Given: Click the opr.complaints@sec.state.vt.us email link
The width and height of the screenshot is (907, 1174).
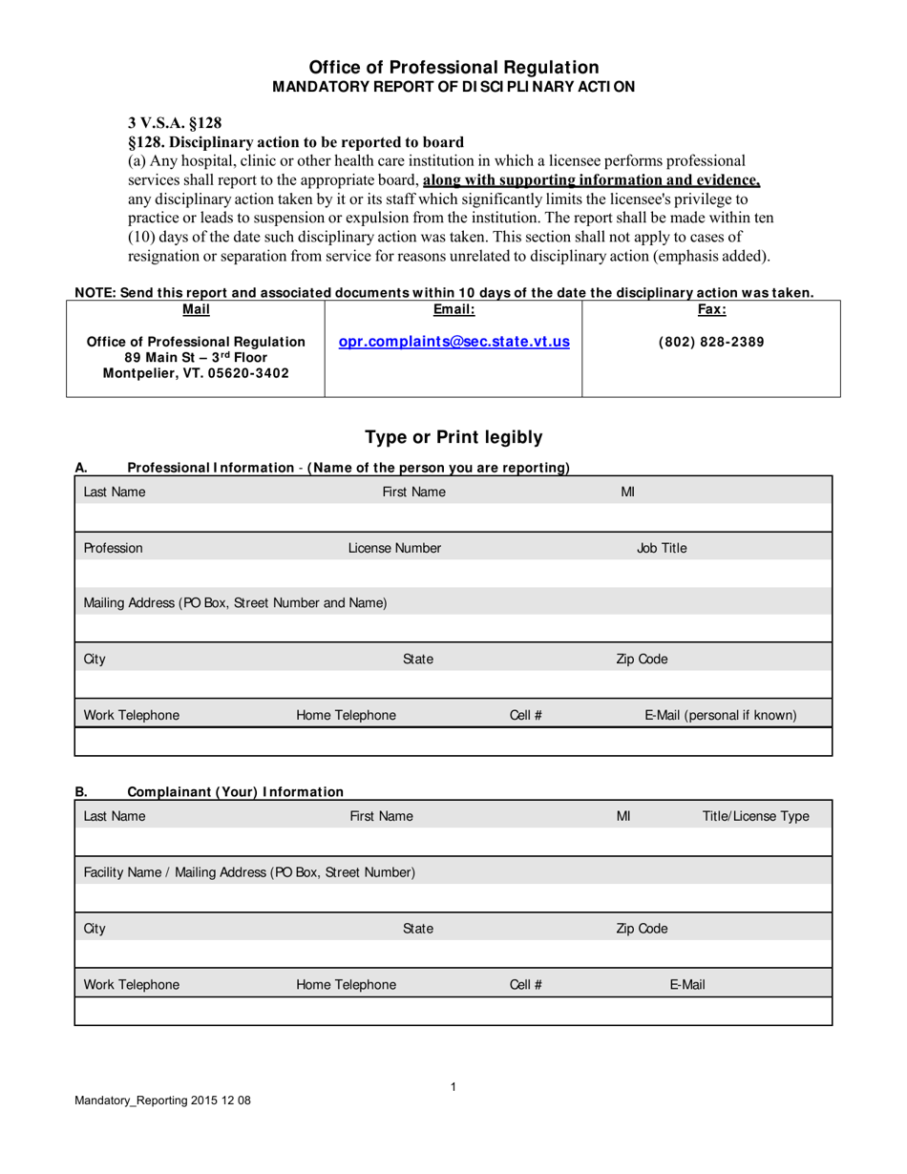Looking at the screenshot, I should (x=453, y=341).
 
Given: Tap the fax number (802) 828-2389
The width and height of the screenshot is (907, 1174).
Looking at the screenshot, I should (x=711, y=342).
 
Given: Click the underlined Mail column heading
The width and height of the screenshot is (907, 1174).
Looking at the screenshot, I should (x=196, y=309).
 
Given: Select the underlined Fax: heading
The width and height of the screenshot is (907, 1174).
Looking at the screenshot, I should (x=711, y=309).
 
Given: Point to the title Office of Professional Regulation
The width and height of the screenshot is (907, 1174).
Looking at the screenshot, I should (x=453, y=67).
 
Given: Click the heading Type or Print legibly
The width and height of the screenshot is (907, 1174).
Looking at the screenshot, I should (x=453, y=437).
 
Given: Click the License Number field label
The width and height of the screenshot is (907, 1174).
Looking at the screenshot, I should (x=394, y=548).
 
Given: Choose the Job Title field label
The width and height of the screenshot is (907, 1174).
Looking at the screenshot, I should (x=662, y=548).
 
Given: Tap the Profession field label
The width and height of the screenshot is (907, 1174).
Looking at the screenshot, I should (x=114, y=548).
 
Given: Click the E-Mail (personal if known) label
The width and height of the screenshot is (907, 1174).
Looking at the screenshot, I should (x=721, y=715).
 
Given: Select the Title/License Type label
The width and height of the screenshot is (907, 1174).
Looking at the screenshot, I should (x=755, y=816).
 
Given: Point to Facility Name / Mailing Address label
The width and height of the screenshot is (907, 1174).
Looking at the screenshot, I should (x=249, y=872).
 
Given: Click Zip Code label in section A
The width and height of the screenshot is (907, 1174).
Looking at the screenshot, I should (x=642, y=660).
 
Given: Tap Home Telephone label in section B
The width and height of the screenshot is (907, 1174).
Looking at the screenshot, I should (x=346, y=985).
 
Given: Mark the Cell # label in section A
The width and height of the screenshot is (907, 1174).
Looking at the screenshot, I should (x=526, y=715).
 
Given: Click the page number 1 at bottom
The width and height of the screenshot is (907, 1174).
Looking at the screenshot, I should (x=453, y=1086).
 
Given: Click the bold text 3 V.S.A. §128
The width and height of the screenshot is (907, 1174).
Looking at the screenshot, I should (x=175, y=122).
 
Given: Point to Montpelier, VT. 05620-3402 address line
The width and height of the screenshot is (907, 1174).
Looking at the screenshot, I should (x=196, y=373).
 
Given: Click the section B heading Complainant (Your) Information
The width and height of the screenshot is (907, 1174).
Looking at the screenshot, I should (x=235, y=791).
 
